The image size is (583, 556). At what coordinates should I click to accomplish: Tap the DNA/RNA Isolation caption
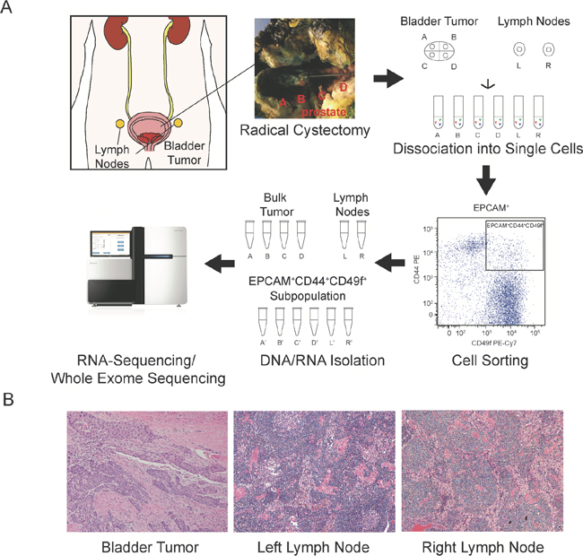click(x=309, y=361)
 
